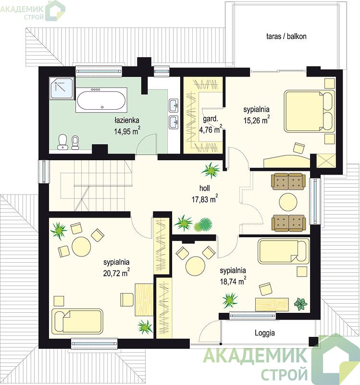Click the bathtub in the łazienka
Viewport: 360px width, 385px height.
(x=101, y=100)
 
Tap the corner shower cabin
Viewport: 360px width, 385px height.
(x=62, y=88)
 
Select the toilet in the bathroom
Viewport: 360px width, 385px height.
(x=63, y=142)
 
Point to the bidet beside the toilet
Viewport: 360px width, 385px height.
(x=75, y=142)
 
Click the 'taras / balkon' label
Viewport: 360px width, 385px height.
(x=286, y=37)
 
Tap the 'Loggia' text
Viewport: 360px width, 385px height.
(x=265, y=333)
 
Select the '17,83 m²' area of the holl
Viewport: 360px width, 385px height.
(x=205, y=199)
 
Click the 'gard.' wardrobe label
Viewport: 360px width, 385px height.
(x=211, y=119)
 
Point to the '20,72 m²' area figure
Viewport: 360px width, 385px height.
(x=116, y=272)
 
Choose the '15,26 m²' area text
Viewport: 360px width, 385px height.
(x=257, y=120)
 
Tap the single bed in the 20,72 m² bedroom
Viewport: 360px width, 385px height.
(x=77, y=321)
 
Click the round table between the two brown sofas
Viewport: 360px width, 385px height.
(x=288, y=202)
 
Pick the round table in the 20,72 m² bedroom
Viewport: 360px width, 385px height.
(x=81, y=246)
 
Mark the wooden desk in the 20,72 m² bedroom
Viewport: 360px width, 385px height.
(x=144, y=299)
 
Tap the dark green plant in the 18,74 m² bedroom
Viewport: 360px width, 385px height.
(x=301, y=304)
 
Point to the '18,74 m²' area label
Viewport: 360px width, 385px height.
(x=233, y=281)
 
